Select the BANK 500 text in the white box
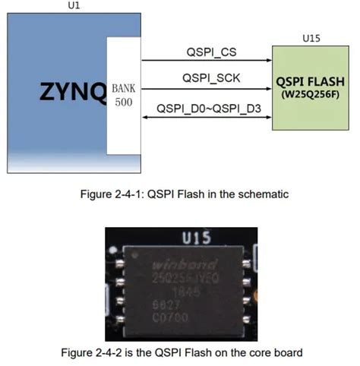123,93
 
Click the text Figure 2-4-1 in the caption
109,194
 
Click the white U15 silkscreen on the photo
193,238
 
